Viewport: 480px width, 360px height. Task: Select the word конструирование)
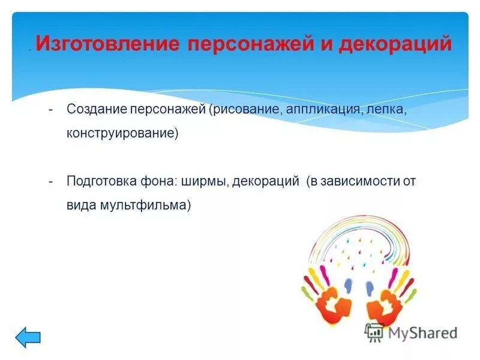pyautogui.click(x=123, y=133)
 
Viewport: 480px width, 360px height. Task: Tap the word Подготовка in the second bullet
pyautogui.click(x=98, y=181)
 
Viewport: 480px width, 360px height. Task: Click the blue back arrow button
pyautogui.click(x=28, y=337)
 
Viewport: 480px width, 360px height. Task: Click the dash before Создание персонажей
pyautogui.click(x=52, y=110)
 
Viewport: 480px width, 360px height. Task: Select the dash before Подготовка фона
pyautogui.click(x=52, y=181)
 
